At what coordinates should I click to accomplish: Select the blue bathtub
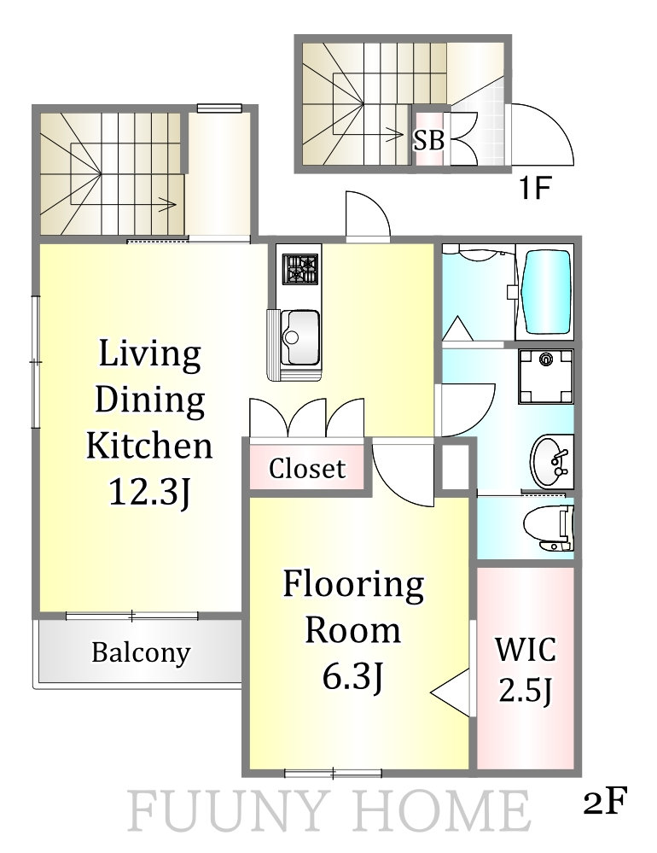(546, 291)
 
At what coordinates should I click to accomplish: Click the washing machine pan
(545, 376)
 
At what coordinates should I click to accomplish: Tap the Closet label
(307, 469)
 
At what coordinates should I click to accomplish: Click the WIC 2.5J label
(526, 669)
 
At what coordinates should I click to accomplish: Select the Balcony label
(141, 653)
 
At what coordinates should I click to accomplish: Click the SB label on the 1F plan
(429, 140)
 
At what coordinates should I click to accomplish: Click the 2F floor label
(605, 800)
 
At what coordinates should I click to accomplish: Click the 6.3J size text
(353, 677)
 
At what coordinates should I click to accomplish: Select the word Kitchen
(149, 445)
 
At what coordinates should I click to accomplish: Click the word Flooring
(353, 586)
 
